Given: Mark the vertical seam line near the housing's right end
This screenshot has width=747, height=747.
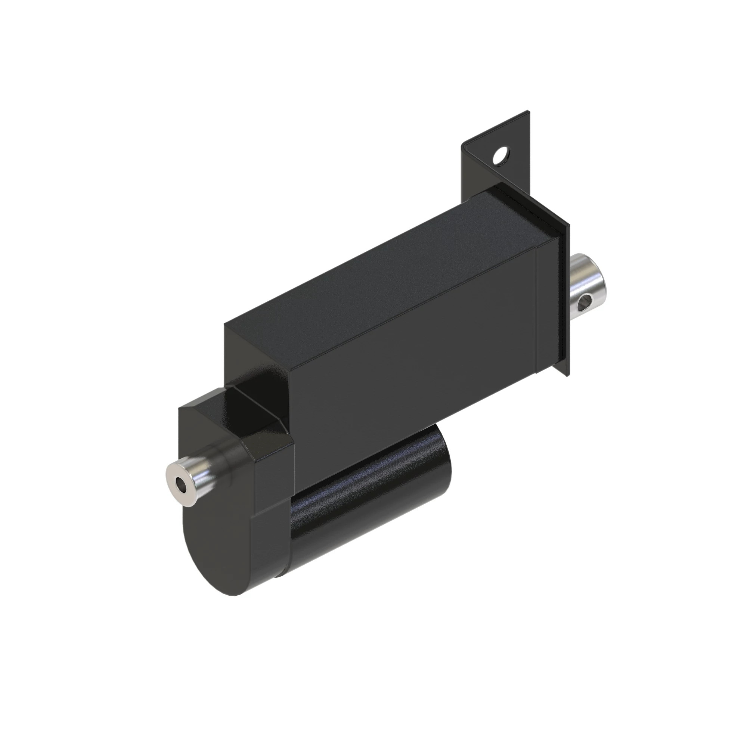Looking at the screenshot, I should (536, 309).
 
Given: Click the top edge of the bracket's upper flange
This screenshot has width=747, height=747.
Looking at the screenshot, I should (499, 128).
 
